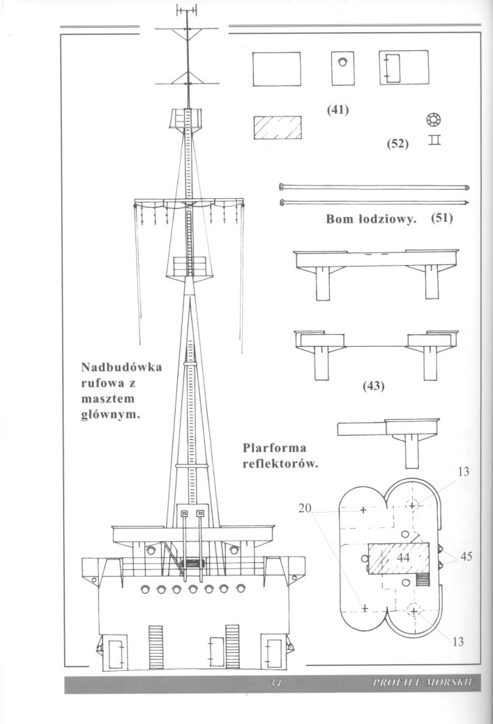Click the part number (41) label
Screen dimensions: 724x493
[x=337, y=110]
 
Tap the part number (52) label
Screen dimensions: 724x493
[x=397, y=144]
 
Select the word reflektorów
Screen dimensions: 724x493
[x=280, y=464]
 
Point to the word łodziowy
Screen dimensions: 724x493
[x=386, y=219]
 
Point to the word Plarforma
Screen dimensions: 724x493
[x=275, y=448]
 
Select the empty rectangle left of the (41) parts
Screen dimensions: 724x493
[x=277, y=70]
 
